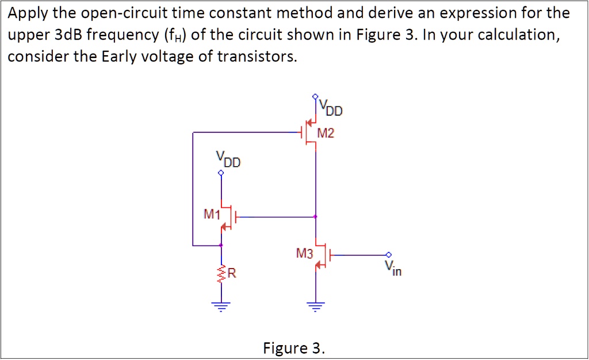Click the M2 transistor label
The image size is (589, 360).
pyautogui.click(x=326, y=134)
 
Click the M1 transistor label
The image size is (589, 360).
pyautogui.click(x=212, y=215)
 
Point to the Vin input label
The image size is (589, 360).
pyautogui.click(x=393, y=267)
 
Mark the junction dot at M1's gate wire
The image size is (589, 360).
pyautogui.click(x=315, y=217)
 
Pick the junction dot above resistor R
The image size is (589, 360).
pyautogui.click(x=221, y=246)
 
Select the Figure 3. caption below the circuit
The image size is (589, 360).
pyautogui.click(x=293, y=348)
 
